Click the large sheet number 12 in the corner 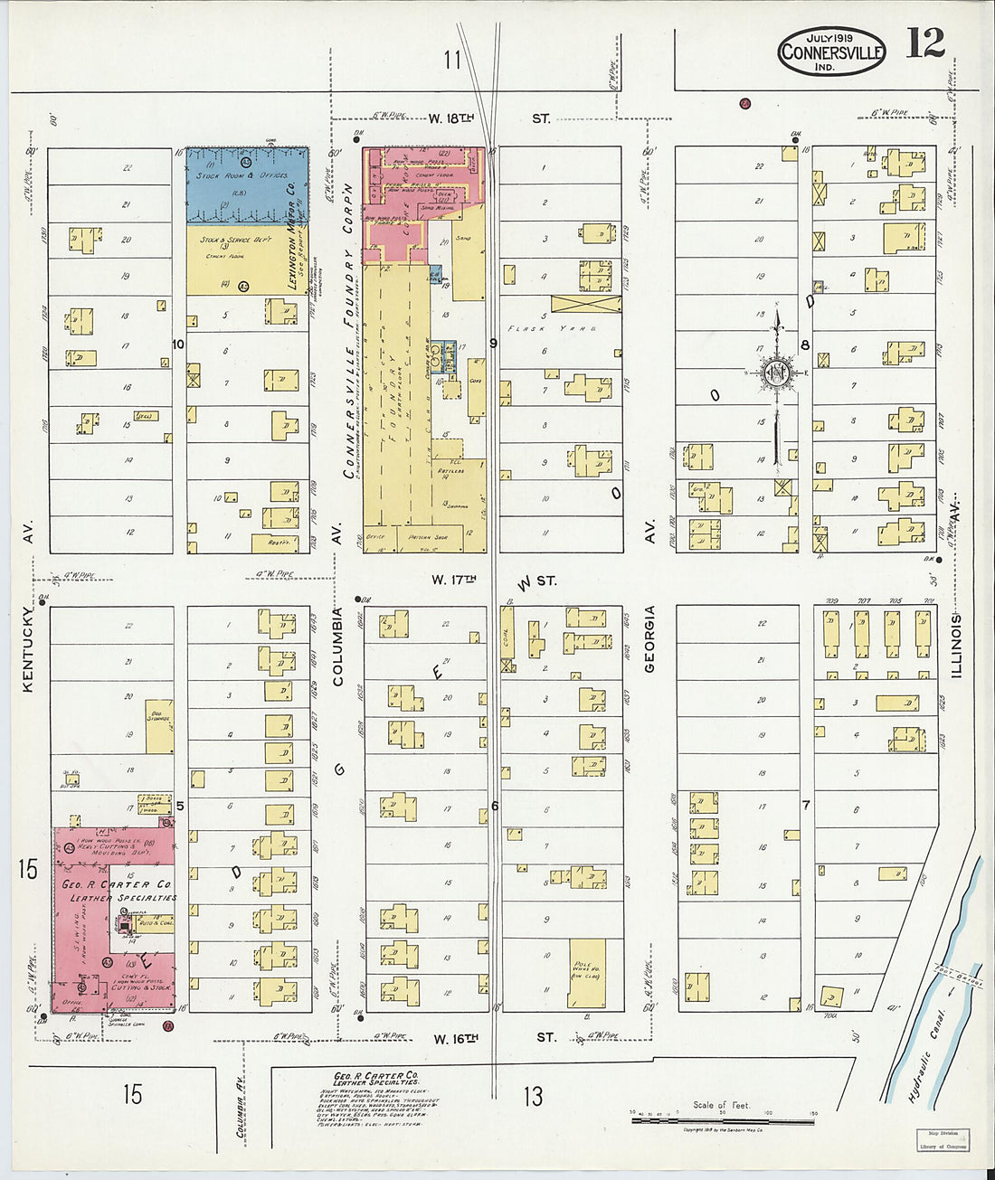(x=924, y=42)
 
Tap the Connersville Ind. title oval (x=831, y=52)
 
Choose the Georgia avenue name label (x=649, y=638)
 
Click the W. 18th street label (x=451, y=118)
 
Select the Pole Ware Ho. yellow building (x=587, y=972)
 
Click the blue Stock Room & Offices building (x=247, y=184)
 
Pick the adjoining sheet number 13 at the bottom (x=534, y=1096)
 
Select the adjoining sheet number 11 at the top (x=452, y=60)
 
